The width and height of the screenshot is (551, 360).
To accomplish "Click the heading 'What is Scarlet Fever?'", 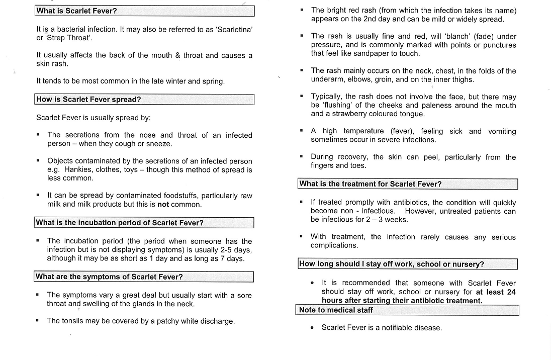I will (76, 11).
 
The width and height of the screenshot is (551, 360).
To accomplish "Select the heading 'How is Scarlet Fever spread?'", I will (88, 100).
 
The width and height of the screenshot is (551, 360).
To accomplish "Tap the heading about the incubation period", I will (120, 223).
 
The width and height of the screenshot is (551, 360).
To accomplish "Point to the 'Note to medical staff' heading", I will (336, 310).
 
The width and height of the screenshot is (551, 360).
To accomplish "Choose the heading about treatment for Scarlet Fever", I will (370, 184).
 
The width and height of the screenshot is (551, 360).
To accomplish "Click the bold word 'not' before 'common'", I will (163, 205).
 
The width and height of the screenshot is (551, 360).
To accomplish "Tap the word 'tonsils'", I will (74, 321).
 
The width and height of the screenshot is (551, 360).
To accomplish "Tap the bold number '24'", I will (511, 292).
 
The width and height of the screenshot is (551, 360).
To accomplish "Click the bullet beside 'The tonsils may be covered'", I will (38, 320).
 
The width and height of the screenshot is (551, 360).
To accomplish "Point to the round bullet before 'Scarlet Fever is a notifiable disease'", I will (312, 328).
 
